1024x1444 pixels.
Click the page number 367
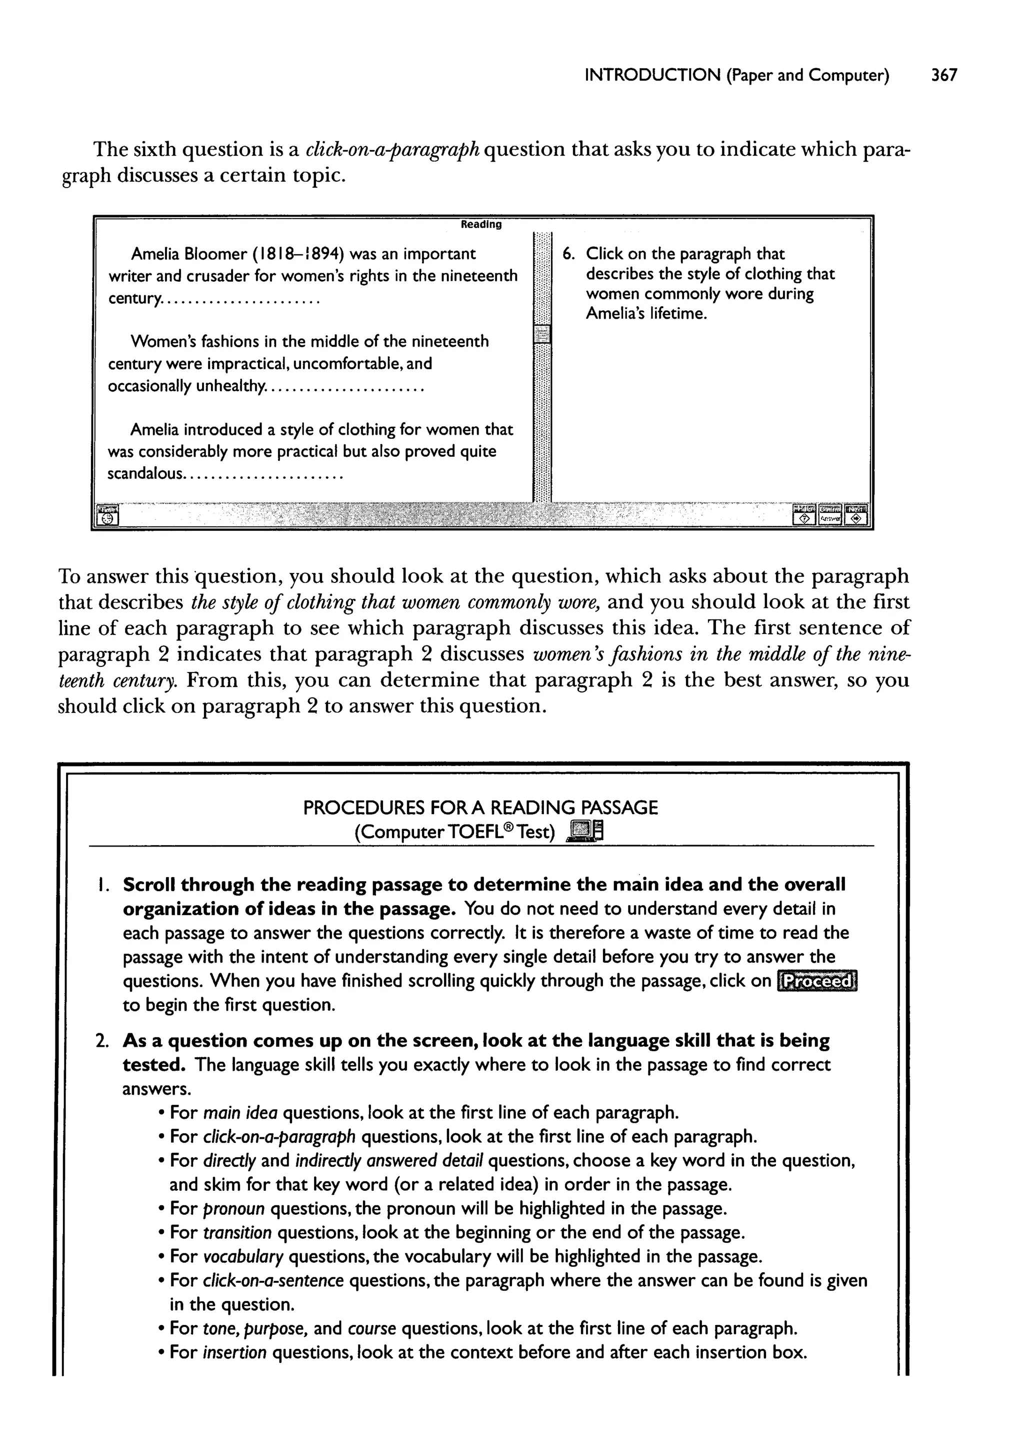[944, 76]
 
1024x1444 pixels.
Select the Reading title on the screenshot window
[481, 224]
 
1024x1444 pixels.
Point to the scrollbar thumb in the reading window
[541, 334]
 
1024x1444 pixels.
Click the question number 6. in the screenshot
[568, 254]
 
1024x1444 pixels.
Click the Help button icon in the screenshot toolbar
[804, 514]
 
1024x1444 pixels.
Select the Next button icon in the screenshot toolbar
[855, 514]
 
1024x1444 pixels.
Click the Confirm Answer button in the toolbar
[830, 514]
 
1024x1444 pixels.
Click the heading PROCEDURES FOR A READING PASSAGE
[480, 808]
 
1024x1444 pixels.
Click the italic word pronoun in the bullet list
[234, 1209]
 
